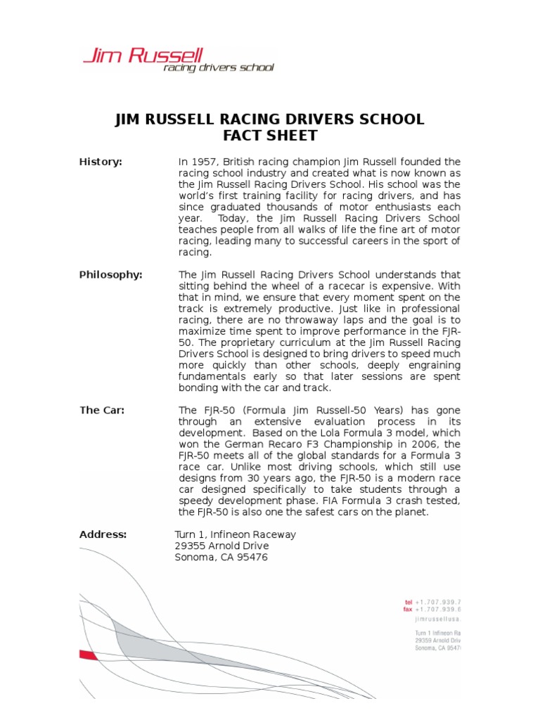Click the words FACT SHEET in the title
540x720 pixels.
click(x=269, y=136)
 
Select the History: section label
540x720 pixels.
click(x=100, y=162)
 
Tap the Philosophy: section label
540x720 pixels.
click(x=110, y=275)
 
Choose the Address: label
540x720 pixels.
click(x=103, y=534)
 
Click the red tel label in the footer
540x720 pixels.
click(x=408, y=603)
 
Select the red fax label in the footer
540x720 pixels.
click(x=408, y=610)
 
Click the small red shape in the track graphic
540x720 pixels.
click(x=88, y=655)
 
